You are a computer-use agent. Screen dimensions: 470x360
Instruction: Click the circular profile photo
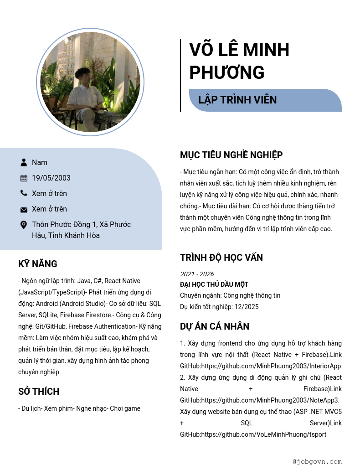90,82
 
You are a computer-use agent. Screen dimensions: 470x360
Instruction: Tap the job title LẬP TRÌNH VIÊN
237,100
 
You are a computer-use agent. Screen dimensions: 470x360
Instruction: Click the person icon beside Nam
24,162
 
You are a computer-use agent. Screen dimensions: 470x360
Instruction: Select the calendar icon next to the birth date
24,178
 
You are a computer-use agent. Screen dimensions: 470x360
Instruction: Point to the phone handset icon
24,193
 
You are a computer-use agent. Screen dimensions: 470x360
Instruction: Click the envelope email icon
24,209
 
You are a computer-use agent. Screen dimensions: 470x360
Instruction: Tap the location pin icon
24,225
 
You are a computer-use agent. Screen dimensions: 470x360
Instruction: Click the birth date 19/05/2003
51,178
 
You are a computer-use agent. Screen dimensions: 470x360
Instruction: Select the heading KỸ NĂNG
38,264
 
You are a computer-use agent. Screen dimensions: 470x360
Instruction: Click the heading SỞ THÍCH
39,392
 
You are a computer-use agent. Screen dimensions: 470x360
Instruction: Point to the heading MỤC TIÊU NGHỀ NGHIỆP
231,155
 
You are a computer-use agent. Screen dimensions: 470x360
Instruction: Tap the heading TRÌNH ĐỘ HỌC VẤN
221,258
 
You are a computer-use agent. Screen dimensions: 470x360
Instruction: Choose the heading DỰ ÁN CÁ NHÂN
214,326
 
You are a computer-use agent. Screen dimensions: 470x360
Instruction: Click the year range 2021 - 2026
197,274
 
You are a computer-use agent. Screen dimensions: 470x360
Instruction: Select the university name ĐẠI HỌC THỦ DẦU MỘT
214,284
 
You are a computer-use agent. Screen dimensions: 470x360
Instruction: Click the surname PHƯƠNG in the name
226,73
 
